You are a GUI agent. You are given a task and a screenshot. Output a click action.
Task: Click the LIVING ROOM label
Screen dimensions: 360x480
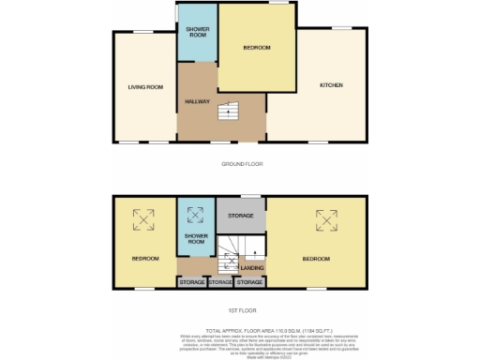coord(145,87)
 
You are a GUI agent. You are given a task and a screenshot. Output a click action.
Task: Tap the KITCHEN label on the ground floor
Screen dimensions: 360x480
coord(332,85)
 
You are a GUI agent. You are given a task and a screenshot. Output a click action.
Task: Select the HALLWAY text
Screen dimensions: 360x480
coord(196,101)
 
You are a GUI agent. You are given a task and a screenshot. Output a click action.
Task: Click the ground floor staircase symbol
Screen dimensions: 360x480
coord(223,112)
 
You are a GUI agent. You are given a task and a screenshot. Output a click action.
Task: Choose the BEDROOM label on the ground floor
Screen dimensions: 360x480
coord(256,48)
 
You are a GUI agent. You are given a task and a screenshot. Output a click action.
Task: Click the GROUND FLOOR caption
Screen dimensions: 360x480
coord(242,163)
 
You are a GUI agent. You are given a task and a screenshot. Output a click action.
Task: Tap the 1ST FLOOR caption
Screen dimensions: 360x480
coord(242,310)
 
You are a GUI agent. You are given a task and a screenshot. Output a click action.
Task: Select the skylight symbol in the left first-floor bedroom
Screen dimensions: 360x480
coord(144,219)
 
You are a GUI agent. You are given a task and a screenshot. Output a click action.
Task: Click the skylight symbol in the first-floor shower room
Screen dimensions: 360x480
coord(196,213)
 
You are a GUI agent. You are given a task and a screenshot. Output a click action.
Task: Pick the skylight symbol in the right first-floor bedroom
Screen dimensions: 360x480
coord(326,219)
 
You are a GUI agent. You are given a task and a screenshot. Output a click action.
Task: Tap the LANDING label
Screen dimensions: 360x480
coord(252,268)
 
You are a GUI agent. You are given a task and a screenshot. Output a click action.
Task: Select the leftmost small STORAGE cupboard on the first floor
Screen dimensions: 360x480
coord(191,281)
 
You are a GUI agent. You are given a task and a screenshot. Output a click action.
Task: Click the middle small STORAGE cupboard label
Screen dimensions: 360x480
coord(220,281)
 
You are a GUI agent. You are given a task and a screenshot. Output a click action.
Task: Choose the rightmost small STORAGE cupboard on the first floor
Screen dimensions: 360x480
coord(249,281)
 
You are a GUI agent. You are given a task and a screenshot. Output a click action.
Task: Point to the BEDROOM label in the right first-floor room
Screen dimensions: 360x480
coord(316,258)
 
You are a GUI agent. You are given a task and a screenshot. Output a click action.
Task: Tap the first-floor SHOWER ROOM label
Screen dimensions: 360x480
coord(195,239)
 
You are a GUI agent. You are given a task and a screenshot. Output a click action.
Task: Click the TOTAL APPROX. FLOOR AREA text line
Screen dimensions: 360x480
coord(242,331)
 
